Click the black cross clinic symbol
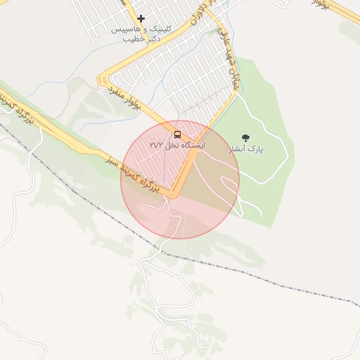click(x=141, y=18)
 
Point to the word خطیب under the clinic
click(x=133, y=39)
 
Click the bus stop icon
click(x=176, y=134)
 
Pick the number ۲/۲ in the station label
click(x=157, y=145)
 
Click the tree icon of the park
click(x=245, y=138)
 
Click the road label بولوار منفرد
click(x=124, y=97)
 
